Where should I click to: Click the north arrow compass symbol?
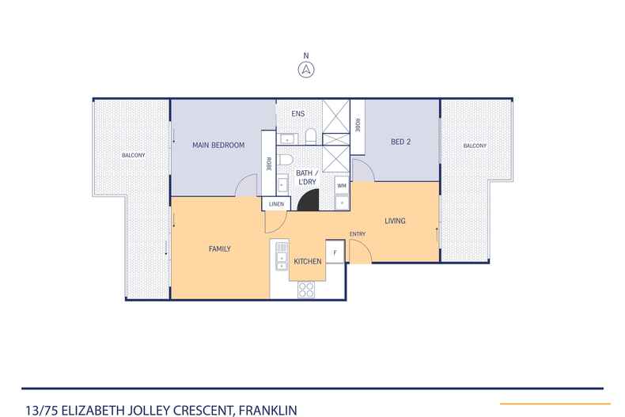click(x=305, y=69)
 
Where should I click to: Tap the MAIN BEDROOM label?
click(x=218, y=145)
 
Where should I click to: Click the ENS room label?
click(x=297, y=114)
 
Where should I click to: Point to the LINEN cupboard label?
click(x=276, y=204)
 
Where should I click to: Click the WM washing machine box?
click(x=342, y=185)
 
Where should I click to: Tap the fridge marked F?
click(x=335, y=252)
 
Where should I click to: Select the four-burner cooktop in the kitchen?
click(x=306, y=290)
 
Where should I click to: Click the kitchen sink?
click(x=279, y=256)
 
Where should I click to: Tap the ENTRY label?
click(x=358, y=233)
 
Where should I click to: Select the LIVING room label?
click(x=395, y=221)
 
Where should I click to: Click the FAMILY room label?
click(x=219, y=248)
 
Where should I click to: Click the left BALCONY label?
click(x=132, y=154)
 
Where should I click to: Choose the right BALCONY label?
click(x=475, y=146)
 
